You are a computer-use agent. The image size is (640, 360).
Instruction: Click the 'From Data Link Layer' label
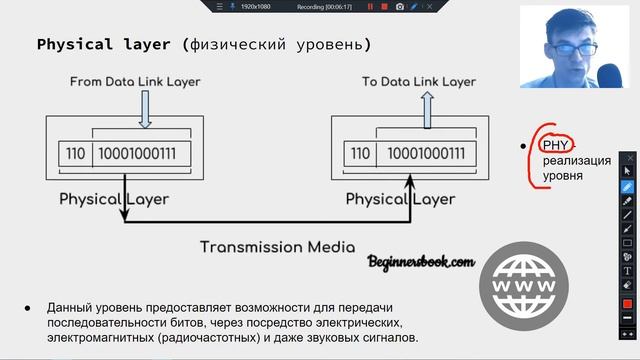point(135,81)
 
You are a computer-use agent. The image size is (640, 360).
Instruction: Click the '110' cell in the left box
point(75,154)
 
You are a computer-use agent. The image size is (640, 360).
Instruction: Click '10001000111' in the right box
point(426,154)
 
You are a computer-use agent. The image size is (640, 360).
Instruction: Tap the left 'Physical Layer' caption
point(114,199)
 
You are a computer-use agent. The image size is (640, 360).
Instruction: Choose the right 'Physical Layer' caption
point(400,199)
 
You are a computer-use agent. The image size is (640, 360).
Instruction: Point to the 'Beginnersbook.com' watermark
point(420,262)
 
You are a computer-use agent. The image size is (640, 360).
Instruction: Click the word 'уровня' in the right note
point(562,176)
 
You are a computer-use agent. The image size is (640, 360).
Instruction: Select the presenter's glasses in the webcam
point(578,48)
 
